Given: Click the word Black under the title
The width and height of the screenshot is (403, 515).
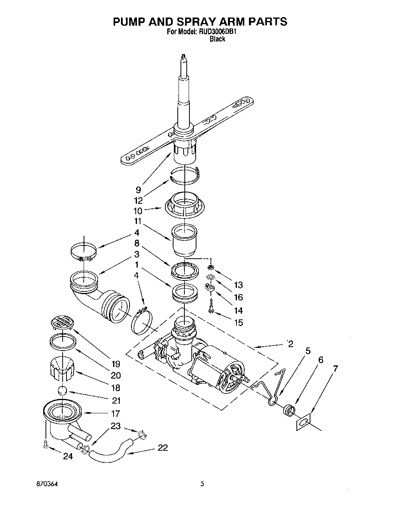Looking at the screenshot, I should tap(217, 39).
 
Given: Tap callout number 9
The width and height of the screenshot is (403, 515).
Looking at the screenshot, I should tap(138, 190).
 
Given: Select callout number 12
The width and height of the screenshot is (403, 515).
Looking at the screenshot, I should tap(138, 201).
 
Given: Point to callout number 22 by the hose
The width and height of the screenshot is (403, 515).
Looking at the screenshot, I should tap(163, 448).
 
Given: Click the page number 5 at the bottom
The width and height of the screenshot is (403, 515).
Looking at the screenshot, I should tap(202, 484).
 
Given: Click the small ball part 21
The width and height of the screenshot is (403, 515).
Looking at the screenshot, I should tap(62, 391).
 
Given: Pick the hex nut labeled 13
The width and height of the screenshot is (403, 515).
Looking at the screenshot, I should tap(210, 267).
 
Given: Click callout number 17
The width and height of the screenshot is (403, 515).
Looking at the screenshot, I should tap(115, 413).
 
